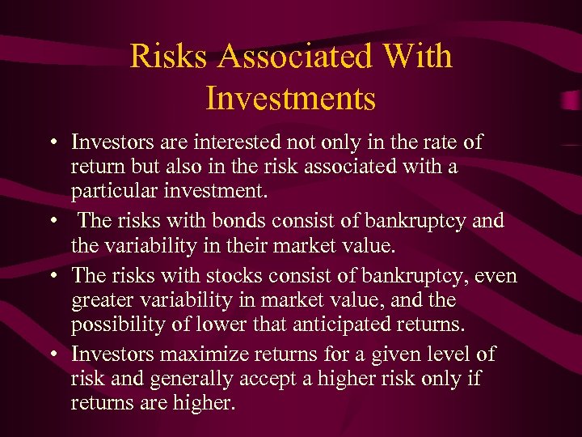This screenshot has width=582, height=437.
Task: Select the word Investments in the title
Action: pos(291,98)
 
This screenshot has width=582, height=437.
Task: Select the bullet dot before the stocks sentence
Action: pos(51,277)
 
